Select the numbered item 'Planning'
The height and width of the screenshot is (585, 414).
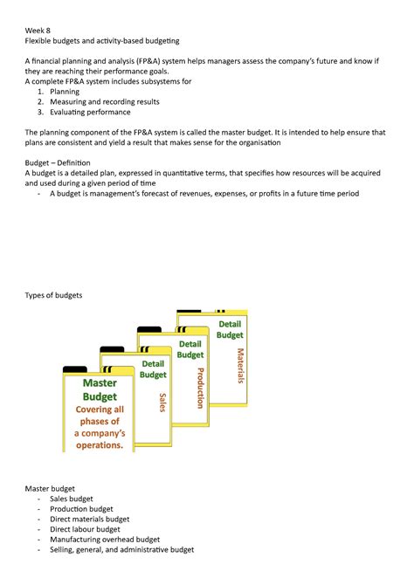pos(66,91)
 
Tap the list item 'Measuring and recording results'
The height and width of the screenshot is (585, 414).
pos(104,101)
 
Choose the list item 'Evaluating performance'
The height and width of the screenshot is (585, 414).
pos(90,112)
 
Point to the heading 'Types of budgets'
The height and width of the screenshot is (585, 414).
pos(53,295)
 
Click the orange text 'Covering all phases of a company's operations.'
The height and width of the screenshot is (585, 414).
pos(100,427)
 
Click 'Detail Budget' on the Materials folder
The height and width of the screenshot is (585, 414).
pos(230,329)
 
